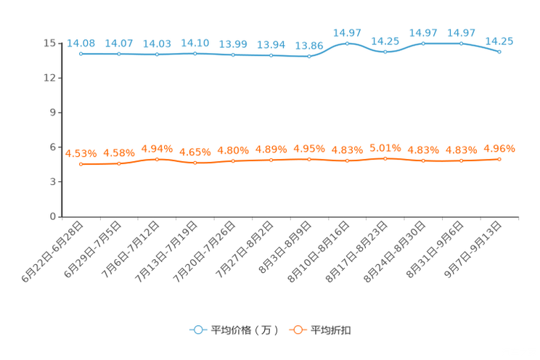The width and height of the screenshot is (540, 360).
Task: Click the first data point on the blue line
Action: (81, 54)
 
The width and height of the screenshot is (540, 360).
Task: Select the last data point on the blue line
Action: (499, 52)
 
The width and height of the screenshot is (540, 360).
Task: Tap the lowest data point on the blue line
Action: (309, 56)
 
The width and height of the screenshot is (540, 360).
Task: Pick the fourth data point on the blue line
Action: (195, 54)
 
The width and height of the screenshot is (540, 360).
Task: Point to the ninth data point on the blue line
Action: (385, 52)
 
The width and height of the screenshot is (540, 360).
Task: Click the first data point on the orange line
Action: (81, 164)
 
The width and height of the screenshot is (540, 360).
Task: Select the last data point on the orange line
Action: (499, 159)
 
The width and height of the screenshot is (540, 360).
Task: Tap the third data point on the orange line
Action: (157, 159)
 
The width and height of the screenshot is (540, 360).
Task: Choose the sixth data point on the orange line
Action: (271, 160)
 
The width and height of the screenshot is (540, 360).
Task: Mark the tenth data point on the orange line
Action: (423, 160)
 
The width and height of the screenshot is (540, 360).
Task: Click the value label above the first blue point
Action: (81, 43)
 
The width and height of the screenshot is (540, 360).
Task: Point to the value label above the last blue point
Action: (499, 41)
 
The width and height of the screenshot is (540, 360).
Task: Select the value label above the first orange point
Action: (81, 153)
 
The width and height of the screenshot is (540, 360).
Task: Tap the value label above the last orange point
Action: (499, 148)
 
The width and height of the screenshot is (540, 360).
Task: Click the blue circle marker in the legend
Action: (197, 330)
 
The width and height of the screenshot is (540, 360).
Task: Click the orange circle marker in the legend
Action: (297, 330)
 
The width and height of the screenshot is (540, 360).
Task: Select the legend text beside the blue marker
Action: (243, 330)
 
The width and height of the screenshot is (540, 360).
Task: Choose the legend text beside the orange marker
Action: (332, 330)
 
